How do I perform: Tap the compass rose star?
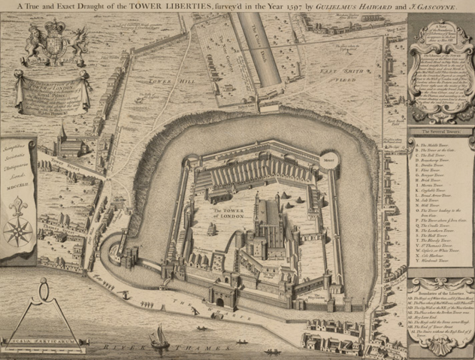pos(17,229)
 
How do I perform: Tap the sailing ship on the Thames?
pos(159,337)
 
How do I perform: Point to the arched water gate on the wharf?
pos(220,301)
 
